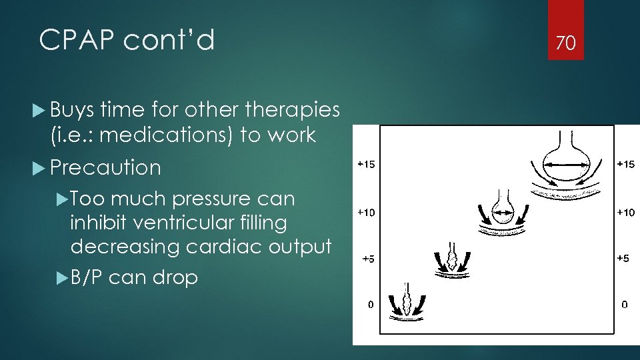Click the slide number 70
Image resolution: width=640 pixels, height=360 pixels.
[x=565, y=44]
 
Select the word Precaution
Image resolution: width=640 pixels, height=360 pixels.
[x=105, y=167]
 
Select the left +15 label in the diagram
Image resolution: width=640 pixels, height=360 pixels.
[x=366, y=165]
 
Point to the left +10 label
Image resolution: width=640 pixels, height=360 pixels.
[x=366, y=213]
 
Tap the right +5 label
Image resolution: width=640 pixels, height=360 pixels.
[x=623, y=259]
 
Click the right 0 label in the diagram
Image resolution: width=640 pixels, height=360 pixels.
[x=624, y=305]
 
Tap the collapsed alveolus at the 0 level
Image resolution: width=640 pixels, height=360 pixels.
[x=409, y=299]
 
